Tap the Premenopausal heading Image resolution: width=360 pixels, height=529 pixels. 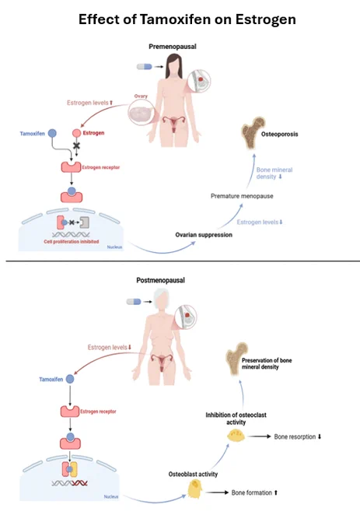coord(173,47)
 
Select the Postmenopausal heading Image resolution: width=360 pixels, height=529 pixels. coord(160,280)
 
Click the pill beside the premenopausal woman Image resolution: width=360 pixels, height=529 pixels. coord(145,67)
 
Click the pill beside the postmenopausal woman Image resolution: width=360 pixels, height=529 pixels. coord(134,302)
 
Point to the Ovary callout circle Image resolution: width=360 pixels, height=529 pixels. coord(142,113)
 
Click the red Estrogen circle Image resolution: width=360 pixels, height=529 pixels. coord(76,133)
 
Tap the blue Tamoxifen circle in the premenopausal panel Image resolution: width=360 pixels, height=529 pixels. coord(52,133)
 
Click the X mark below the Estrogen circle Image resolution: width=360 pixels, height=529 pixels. coord(77,145)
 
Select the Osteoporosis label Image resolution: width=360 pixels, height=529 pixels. coord(279,134)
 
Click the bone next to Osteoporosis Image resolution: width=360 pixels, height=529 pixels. coord(252,133)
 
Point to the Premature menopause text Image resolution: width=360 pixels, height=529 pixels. coord(242,196)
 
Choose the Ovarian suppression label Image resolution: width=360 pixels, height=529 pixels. coord(204,235)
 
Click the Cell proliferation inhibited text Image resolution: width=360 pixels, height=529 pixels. coord(71,242)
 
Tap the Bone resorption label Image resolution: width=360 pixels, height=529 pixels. coord(298,436)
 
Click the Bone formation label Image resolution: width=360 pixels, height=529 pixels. coord(254,492)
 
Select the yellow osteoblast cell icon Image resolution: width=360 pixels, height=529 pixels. coord(194,489)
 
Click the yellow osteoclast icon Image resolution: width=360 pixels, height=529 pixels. coord(236,436)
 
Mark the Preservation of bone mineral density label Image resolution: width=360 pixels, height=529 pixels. coord(267,364)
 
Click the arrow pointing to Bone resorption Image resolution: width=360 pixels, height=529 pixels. coord(259,436)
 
